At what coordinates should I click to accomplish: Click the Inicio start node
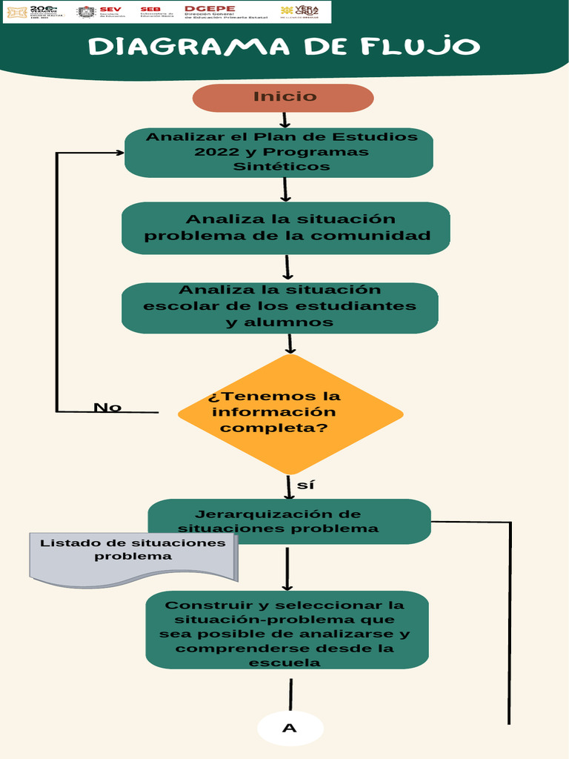283,97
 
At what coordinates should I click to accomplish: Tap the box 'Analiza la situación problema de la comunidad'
286,228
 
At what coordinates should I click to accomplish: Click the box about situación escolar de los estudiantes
279,307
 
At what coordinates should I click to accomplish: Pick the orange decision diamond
290,414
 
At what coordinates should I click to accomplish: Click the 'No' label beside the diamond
107,408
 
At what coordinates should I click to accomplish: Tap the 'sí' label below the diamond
305,485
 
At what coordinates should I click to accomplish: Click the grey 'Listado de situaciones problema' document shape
133,557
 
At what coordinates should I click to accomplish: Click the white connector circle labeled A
290,728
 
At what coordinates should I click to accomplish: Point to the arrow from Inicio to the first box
284,120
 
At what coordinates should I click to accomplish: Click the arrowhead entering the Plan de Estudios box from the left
119,153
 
